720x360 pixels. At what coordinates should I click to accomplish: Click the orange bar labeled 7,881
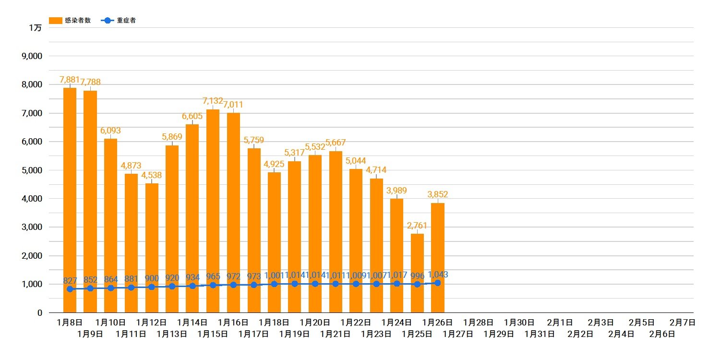(70, 192)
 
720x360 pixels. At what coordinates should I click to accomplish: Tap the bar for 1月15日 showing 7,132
(213, 202)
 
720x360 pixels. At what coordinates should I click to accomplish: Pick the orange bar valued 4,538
(152, 240)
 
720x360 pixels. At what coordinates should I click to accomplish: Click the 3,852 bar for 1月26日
(438, 250)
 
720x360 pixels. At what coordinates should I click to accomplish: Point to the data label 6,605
(192, 117)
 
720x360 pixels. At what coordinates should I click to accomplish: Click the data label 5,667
(336, 143)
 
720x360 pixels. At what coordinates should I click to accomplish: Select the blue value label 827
(70, 280)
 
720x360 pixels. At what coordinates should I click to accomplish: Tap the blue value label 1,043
(438, 275)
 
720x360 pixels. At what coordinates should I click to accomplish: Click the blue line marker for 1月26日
(438, 283)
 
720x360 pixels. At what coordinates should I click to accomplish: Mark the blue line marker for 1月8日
(70, 289)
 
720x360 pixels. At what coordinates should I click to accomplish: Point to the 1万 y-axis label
(35, 28)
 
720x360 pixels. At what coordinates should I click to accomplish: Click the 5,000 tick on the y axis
(32, 170)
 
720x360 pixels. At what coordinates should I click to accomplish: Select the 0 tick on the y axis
(39, 312)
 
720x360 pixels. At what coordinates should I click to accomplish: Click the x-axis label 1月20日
(315, 323)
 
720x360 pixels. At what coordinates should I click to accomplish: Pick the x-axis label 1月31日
(540, 334)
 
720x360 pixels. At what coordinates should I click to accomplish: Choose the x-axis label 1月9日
(90, 334)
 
